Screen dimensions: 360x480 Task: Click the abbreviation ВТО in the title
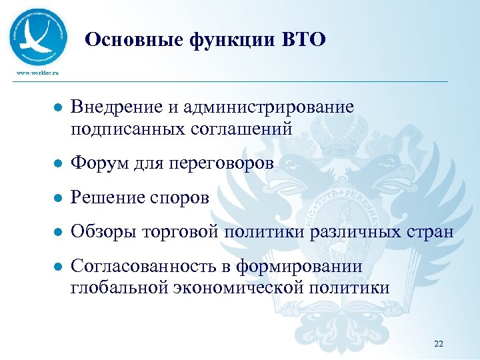[303, 41]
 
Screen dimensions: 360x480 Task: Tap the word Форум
[100, 163]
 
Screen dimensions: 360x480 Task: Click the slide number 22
[438, 343]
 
